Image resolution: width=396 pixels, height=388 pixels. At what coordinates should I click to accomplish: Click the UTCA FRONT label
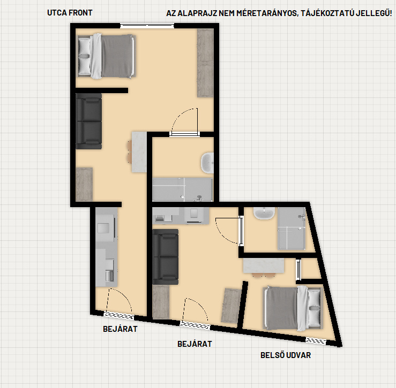(70, 13)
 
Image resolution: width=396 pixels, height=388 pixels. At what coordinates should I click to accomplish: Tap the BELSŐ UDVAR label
(286, 355)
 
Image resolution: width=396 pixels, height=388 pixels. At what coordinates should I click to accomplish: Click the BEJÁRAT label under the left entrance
(120, 329)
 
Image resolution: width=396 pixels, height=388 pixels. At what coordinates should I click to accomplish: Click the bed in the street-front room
(106, 56)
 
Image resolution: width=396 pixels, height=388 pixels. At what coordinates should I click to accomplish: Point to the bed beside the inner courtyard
(293, 308)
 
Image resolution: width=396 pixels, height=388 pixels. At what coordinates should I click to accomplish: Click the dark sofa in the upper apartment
(88, 121)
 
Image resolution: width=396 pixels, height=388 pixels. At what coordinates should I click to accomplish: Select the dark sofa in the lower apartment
(166, 257)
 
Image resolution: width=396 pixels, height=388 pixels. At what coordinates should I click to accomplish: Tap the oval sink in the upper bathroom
(207, 163)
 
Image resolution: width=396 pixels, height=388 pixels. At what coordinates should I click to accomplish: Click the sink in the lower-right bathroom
(264, 214)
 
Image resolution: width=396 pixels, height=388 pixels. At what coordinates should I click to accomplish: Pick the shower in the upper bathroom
(183, 189)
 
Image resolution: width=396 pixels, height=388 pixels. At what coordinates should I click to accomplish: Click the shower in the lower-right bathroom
(292, 229)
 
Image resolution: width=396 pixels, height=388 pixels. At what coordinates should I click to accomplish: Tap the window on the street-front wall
(147, 26)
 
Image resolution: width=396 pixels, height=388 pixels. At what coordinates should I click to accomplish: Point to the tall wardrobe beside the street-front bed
(205, 63)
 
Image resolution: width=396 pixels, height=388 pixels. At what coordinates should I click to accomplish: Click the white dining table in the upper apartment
(139, 152)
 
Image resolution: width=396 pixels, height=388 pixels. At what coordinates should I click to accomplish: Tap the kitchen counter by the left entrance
(107, 247)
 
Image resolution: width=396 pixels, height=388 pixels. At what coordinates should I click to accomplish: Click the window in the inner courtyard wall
(316, 341)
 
